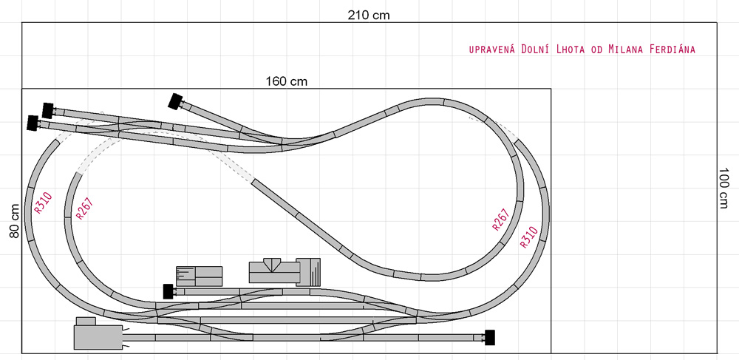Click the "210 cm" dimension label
coord(369,15)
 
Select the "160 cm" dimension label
coord(287,81)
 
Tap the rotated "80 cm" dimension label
coord(15,220)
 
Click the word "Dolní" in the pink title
coord(535,49)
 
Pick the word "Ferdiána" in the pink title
coord(672,49)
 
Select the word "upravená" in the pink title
coord(493,50)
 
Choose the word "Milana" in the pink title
coord(626,49)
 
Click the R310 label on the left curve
coord(43,203)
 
